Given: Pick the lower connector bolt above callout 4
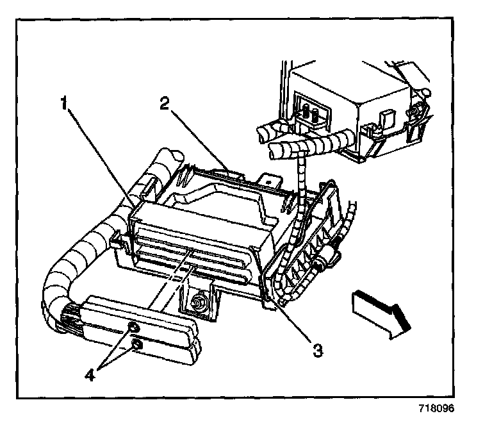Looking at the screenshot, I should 136,346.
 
